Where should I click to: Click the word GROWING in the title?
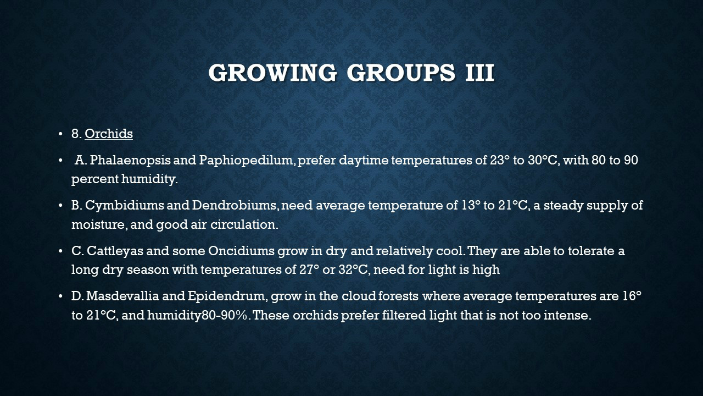click(272, 73)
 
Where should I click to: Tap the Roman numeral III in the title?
click(479, 73)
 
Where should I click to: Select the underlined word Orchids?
click(109, 134)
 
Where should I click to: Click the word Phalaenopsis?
click(130, 161)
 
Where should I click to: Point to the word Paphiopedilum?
click(247, 161)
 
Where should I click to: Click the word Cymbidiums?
click(124, 206)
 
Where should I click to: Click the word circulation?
click(244, 224)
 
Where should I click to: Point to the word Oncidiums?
click(241, 251)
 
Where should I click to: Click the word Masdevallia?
click(122, 296)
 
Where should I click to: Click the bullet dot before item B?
click(60, 206)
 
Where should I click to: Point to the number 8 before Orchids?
click(75, 134)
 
